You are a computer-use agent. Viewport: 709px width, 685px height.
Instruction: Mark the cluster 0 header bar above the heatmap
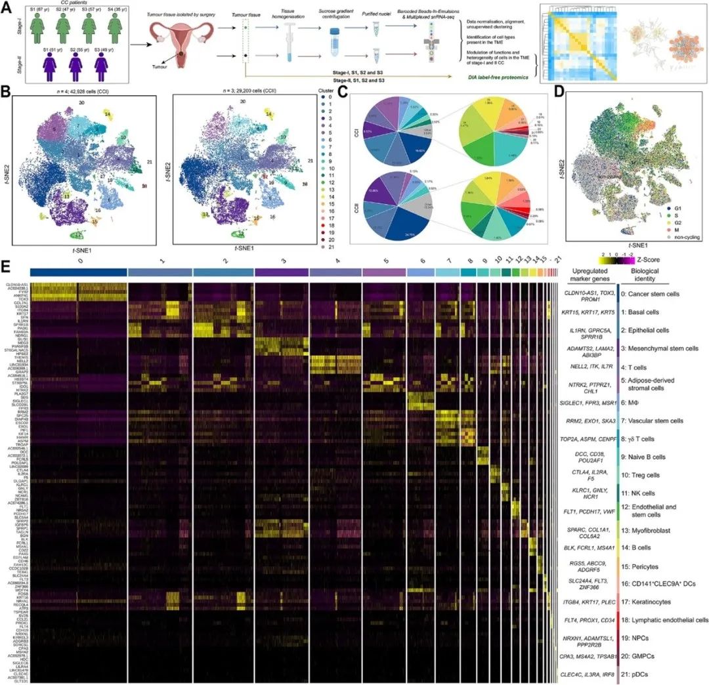78,272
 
